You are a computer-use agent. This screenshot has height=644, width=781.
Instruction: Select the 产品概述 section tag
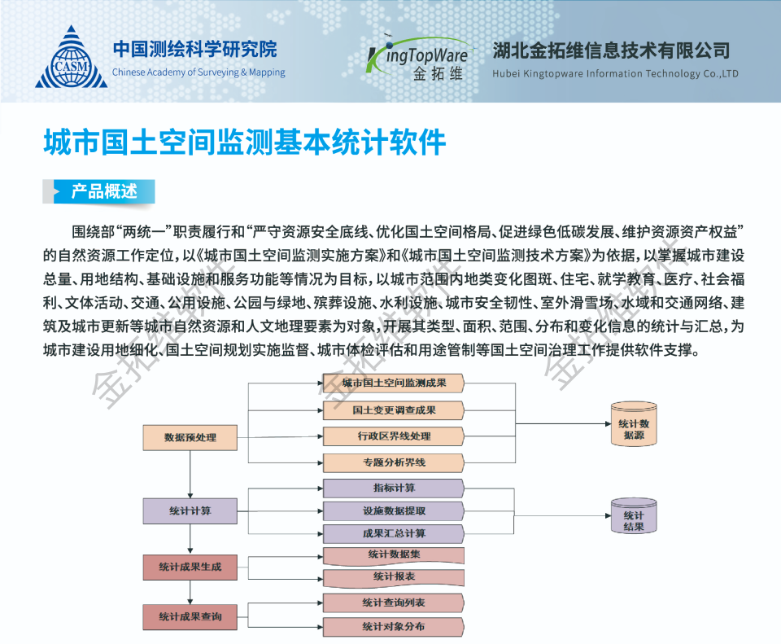click(103, 192)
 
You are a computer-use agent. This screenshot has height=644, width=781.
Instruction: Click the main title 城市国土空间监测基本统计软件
click(245, 142)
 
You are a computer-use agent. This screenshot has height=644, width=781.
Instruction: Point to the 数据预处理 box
click(190, 437)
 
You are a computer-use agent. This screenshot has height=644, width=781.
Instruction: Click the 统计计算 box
click(190, 511)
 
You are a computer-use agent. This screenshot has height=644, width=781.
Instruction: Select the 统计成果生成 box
click(190, 567)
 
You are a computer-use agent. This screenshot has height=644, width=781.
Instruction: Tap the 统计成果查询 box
click(190, 617)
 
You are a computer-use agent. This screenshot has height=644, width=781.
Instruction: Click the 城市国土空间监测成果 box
click(394, 383)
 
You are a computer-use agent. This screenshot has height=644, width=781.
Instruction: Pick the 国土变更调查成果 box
click(394, 410)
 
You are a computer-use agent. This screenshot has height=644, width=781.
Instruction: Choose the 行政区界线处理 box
click(394, 436)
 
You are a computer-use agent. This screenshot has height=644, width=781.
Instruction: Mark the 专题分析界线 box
click(394, 463)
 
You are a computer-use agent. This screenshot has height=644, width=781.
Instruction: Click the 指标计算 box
click(394, 488)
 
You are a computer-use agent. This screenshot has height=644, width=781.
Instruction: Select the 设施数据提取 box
click(394, 511)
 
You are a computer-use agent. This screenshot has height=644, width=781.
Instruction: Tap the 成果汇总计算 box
click(394, 534)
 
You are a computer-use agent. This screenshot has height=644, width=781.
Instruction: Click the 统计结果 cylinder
click(634, 517)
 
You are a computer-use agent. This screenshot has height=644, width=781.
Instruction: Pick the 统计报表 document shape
click(394, 577)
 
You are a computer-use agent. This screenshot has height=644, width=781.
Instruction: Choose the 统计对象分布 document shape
click(394, 627)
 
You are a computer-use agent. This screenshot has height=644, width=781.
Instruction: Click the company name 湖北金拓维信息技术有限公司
click(611, 50)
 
